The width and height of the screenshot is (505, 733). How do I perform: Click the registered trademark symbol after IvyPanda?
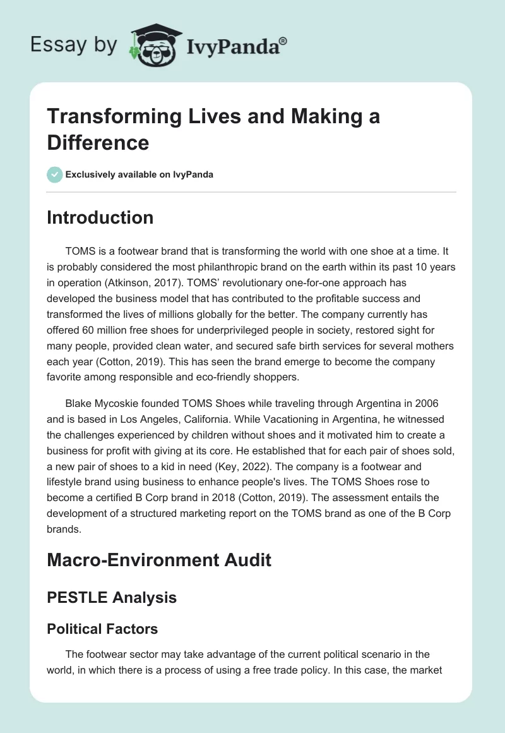284,40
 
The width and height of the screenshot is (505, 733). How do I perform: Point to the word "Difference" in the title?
98,142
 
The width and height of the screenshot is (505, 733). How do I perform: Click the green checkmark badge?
55,174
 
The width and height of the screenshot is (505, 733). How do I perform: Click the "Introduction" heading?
100,218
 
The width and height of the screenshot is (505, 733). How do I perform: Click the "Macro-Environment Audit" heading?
159,559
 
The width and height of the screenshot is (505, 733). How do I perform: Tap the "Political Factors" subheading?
102,629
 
